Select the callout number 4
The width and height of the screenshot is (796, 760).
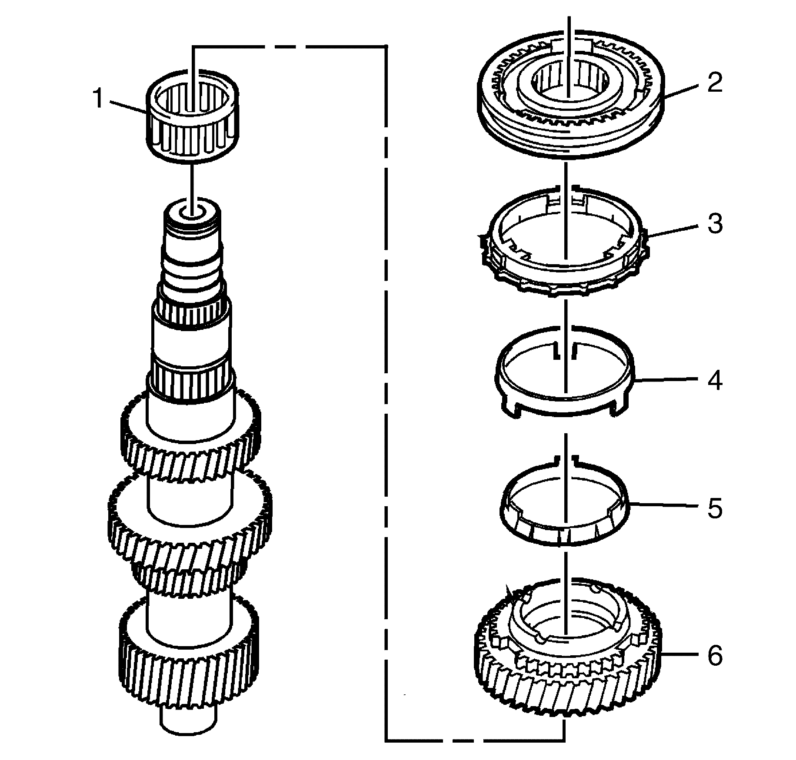[714, 380]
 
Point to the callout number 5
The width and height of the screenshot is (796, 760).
[714, 508]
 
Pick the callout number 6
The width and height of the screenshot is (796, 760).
[714, 656]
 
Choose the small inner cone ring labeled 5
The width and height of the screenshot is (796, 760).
[565, 534]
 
